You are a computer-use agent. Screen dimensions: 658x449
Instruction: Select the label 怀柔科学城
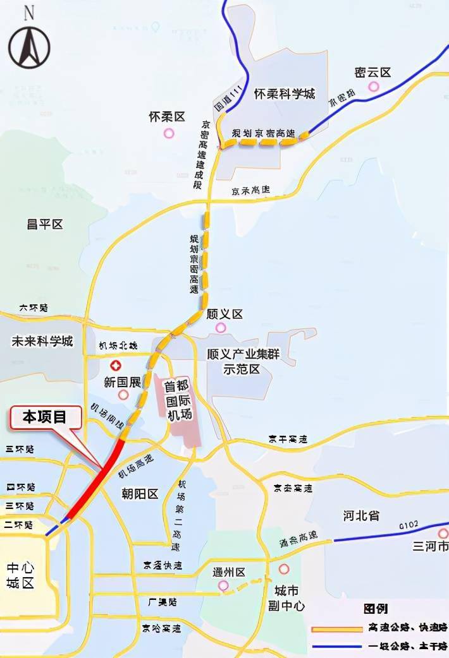[284, 94]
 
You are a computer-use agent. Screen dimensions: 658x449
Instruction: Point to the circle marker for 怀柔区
[169, 133]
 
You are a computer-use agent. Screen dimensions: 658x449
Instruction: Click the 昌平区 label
[44, 224]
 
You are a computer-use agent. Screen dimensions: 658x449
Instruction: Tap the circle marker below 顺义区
[220, 327]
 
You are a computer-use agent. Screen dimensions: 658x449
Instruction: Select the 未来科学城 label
[42, 342]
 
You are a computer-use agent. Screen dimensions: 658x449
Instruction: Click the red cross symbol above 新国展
[116, 366]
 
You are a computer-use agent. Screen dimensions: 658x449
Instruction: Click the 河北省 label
[361, 515]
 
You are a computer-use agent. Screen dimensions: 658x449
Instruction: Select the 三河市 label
[430, 546]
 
